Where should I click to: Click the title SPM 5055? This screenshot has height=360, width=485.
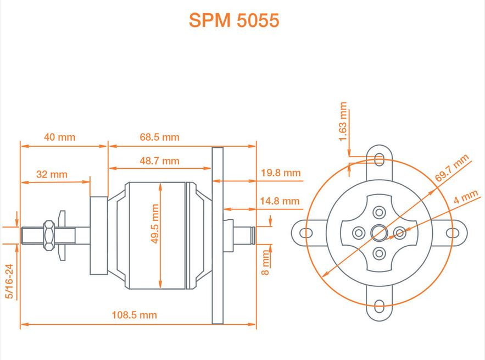(234, 20)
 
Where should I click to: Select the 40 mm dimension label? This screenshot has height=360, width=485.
(59, 137)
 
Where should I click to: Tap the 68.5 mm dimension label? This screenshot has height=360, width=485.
(159, 137)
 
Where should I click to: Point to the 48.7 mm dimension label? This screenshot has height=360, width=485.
(159, 160)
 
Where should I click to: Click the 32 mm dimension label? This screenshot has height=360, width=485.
(52, 174)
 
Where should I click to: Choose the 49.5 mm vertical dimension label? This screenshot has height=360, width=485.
(155, 224)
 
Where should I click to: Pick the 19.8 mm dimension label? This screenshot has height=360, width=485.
(281, 173)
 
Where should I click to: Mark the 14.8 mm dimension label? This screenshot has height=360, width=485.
(280, 201)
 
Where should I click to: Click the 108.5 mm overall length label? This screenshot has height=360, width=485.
(135, 315)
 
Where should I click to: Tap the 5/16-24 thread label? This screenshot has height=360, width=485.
(9, 281)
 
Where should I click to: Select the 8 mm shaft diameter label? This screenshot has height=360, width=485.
(266, 263)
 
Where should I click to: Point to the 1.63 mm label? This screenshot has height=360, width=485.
(344, 121)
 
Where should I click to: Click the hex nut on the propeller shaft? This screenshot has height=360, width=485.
(48, 235)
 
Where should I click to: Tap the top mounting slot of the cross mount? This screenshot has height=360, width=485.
(380, 159)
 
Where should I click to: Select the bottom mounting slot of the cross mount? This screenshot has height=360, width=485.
(380, 307)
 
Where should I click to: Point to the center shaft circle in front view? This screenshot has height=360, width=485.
(379, 233)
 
